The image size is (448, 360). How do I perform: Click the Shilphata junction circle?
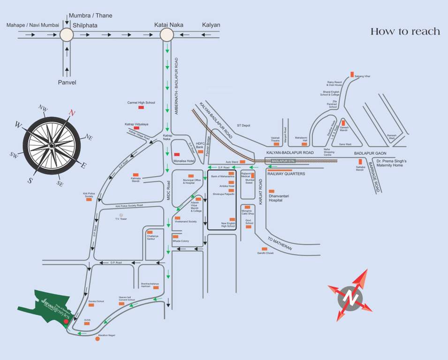pyautogui.click(x=67, y=35)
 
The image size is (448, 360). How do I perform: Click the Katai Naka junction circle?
pyautogui.click(x=167, y=35)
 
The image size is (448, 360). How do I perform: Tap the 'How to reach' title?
pyautogui.click(x=405, y=31)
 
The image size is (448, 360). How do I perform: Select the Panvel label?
pyautogui.click(x=67, y=82)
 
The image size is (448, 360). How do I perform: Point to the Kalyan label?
pyautogui.click(x=211, y=25)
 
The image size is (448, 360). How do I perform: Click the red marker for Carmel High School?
pyautogui.click(x=141, y=108)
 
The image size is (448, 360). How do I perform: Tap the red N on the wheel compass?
pyautogui.click(x=71, y=112)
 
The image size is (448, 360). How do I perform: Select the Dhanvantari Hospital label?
pyautogui.click(x=282, y=197)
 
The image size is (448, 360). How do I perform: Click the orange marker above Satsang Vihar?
pyautogui.click(x=352, y=74)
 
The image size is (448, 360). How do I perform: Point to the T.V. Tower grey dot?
pyautogui.click(x=121, y=215)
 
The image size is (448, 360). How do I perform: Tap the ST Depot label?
pyautogui.click(x=244, y=125)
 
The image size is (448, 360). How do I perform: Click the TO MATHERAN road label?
pyautogui.click(x=280, y=243)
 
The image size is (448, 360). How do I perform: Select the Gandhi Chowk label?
pyautogui.click(x=265, y=253)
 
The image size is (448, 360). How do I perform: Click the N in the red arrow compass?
pyautogui.click(x=349, y=296)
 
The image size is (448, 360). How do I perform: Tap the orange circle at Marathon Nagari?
pyautogui.click(x=98, y=338)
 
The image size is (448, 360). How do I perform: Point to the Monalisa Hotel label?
pyautogui.click(x=184, y=161)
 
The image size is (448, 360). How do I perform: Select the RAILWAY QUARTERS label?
pyautogui.click(x=286, y=173)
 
